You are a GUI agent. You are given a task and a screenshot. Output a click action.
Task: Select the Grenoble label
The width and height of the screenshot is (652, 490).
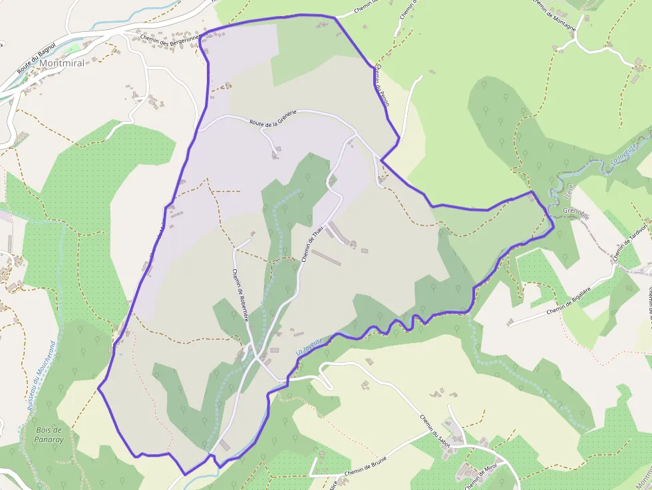point(576,211)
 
